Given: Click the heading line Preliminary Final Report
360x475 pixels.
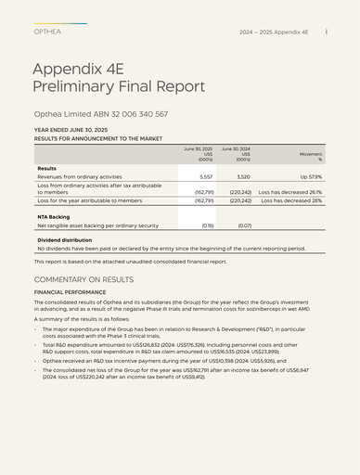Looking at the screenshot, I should coord(119,86).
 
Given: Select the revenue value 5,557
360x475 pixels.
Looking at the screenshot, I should coord(206,176).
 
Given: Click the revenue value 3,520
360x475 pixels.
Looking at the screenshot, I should coord(243,176).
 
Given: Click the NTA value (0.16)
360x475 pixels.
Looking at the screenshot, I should coord(207,225).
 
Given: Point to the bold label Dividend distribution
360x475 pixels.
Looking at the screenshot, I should coord(64,240).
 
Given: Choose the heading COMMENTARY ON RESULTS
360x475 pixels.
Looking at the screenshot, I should coord(84,279).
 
